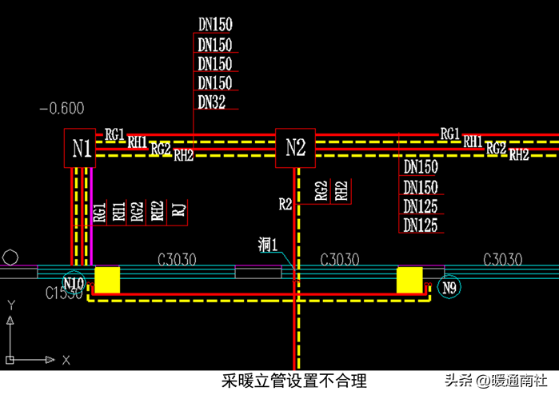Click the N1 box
pos(80,148)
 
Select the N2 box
pos(296,148)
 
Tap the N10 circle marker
pos(74,284)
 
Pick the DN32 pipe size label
pos(213,102)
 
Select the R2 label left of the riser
pos(285,204)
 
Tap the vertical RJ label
pos(180,211)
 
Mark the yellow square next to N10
pos(107,281)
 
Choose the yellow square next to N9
pos(409,281)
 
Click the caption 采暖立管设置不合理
pos(294,381)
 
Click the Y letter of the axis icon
pos(11,305)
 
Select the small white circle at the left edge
pos(10,258)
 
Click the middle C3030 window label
pos(339,259)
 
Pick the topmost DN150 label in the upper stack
pos(214,25)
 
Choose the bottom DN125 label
pos(421,226)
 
